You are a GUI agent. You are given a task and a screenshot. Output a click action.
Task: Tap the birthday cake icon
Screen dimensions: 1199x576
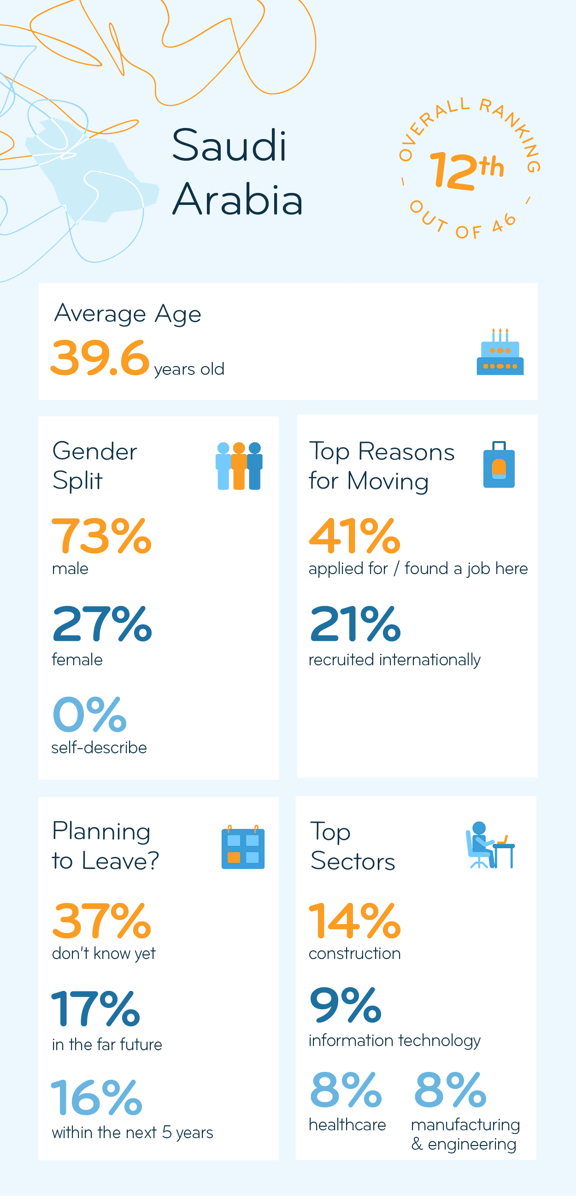pyautogui.click(x=500, y=354)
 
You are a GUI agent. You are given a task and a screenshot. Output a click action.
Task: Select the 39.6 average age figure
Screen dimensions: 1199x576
pyautogui.click(x=100, y=358)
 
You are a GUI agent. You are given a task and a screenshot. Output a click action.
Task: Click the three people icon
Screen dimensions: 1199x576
pyautogui.click(x=239, y=466)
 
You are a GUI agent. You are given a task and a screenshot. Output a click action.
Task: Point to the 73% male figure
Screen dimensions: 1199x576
pyautogui.click(x=101, y=536)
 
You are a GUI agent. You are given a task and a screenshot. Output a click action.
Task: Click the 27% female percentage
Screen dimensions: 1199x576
pyautogui.click(x=101, y=624)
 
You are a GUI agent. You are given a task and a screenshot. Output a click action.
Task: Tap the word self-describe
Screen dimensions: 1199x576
pyautogui.click(x=99, y=747)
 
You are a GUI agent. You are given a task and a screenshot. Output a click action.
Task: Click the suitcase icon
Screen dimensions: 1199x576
pyautogui.click(x=499, y=465)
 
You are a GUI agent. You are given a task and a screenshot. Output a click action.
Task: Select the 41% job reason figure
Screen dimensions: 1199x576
pyautogui.click(x=354, y=536)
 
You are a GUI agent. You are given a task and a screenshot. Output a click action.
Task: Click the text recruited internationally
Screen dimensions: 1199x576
pyautogui.click(x=394, y=660)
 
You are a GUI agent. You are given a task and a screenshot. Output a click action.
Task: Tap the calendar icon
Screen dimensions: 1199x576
pyautogui.click(x=242, y=848)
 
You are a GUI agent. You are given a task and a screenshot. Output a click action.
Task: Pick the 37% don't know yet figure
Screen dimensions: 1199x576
pyautogui.click(x=101, y=921)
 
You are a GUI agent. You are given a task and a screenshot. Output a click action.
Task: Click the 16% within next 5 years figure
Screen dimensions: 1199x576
pyautogui.click(x=96, y=1098)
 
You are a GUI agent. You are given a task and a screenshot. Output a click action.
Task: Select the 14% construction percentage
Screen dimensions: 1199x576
pyautogui.click(x=354, y=921)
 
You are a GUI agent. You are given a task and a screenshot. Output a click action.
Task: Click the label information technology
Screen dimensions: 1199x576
pyautogui.click(x=394, y=1040)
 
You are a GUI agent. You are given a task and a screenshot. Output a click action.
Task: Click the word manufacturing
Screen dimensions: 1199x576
pyautogui.click(x=465, y=1124)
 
